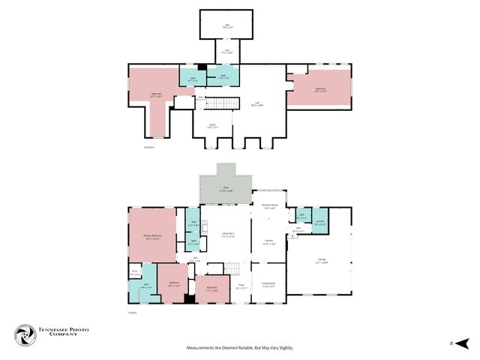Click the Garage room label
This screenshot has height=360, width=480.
(x=321, y=262)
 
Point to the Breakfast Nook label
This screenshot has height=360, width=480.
(x=269, y=205)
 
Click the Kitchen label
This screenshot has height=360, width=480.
(x=269, y=243)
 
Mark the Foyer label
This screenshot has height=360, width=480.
(x=241, y=286)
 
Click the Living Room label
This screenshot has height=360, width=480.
(x=227, y=236)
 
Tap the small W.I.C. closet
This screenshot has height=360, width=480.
(x=135, y=273)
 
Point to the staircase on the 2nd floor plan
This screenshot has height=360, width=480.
(x=222, y=103)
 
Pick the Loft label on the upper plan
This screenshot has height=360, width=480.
(x=257, y=105)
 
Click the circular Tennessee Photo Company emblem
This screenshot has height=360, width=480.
(x=25, y=335)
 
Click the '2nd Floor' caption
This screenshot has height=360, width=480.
(x=148, y=147)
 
